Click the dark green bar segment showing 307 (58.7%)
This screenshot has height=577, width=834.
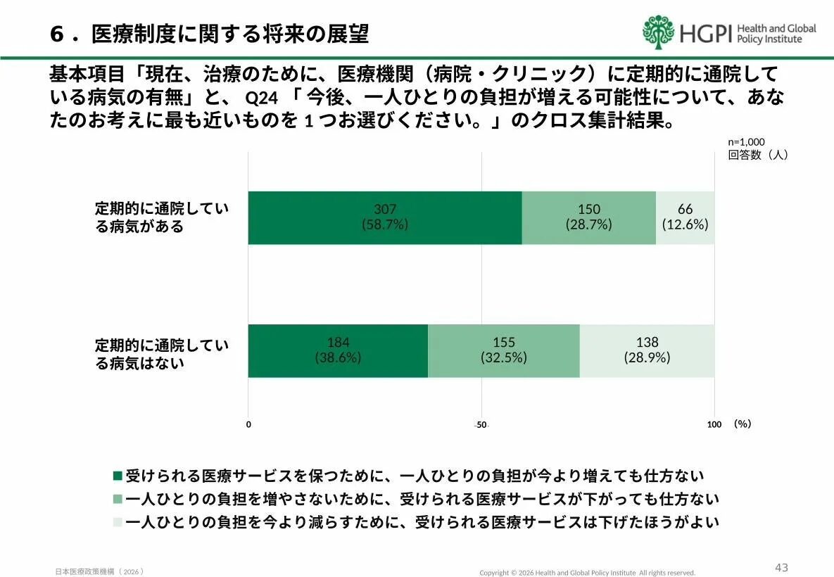pos(384,217)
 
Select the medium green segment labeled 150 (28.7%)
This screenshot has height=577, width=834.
pos(588,217)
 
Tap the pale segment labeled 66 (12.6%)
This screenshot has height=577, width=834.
pos(685,217)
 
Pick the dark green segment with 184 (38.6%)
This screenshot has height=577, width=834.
pos(338,350)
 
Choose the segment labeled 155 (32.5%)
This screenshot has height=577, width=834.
pos(503,350)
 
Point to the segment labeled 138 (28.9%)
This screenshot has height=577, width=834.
pos(647,350)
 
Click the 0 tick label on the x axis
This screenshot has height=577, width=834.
pos(248,424)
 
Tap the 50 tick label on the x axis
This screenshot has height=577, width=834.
pos(481,425)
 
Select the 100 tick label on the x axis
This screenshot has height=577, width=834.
pos(714,424)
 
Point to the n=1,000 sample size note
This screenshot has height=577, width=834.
pos(746,141)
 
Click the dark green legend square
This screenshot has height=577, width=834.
pos(118,476)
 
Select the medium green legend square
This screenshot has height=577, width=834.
pos(118,500)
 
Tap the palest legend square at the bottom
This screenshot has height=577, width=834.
pos(118,523)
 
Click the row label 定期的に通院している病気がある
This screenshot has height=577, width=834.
pos(162,217)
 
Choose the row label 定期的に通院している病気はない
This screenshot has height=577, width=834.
pos(162,354)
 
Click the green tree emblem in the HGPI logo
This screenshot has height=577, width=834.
pos(658,32)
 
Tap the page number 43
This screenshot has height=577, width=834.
pos(781,567)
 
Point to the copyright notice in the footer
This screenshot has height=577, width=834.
pos(587,573)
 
